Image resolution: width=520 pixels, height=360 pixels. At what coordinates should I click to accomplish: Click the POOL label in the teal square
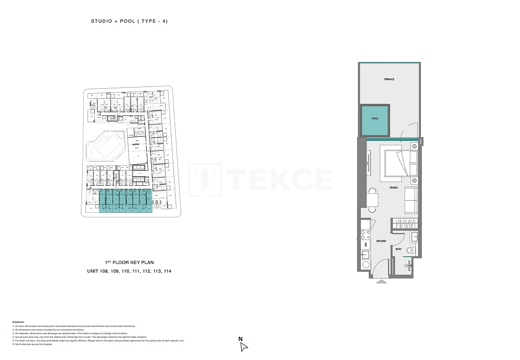tap(375, 119)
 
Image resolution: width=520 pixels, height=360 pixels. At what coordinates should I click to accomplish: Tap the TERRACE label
tap(389, 79)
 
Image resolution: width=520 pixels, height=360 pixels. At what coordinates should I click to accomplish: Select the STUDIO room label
tap(394, 187)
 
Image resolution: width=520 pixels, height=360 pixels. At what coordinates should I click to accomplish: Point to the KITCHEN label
tap(381, 241)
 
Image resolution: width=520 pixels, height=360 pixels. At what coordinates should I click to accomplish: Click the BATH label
tap(398, 249)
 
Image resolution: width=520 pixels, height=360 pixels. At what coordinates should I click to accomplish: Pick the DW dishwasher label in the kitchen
tap(365, 245)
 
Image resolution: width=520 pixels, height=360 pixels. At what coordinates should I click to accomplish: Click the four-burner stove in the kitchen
tap(365, 234)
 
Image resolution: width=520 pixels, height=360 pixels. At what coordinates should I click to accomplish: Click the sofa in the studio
tap(411, 200)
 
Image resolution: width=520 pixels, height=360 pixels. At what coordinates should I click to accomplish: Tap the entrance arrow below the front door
tap(382, 281)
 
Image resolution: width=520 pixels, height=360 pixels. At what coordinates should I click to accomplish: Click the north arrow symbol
tap(244, 347)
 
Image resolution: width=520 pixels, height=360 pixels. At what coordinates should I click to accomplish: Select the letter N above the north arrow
tap(241, 339)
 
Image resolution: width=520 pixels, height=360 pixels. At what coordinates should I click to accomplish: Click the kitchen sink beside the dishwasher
tap(365, 254)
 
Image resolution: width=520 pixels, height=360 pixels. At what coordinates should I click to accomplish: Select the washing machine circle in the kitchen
tap(365, 265)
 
